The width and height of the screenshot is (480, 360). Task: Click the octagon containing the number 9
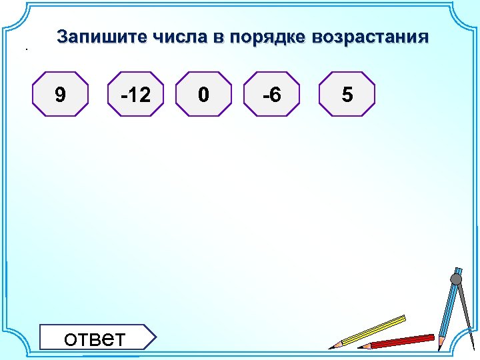click(61, 95)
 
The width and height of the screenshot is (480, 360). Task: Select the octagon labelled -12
click(136, 95)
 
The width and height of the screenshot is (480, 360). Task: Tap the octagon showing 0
click(203, 95)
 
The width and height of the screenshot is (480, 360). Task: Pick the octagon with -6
click(271, 95)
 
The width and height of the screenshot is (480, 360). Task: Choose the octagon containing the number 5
click(347, 95)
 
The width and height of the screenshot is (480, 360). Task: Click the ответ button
click(95, 337)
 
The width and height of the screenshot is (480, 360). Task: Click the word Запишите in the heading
click(101, 37)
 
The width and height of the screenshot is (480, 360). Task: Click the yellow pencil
click(373, 331)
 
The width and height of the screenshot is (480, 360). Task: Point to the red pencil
click(400, 341)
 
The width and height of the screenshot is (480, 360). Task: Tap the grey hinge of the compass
click(456, 279)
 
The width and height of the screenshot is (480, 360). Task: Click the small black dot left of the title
click(27, 49)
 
